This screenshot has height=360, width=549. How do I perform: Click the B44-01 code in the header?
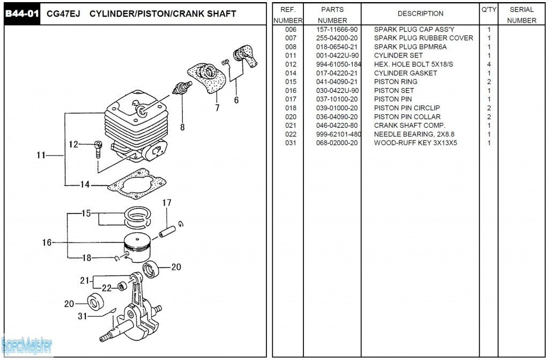22,13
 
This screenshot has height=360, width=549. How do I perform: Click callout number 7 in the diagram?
217,107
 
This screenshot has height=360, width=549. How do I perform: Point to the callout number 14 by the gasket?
85,185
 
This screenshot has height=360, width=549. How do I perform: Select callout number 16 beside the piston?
47,243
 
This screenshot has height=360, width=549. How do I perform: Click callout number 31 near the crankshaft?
82,316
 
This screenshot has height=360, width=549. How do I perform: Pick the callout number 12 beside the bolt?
74,144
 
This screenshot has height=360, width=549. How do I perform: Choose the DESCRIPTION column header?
420,13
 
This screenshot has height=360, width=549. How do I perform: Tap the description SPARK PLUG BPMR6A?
410,47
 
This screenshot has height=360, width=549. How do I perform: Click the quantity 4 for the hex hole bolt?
489,64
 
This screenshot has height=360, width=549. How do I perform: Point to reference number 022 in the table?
291,134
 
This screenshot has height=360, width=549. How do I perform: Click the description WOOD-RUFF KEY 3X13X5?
416,143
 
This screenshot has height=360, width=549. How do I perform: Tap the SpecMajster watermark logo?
27,346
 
